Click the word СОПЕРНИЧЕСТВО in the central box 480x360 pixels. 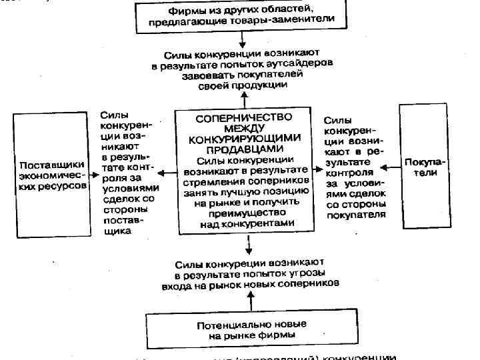click(243, 117)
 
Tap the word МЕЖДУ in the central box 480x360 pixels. click(243, 127)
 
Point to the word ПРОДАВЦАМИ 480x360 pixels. click(243, 149)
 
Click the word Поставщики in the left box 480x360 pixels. click(51, 165)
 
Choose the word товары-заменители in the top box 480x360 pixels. click(288, 21)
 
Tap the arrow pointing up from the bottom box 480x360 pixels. click(250, 301)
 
